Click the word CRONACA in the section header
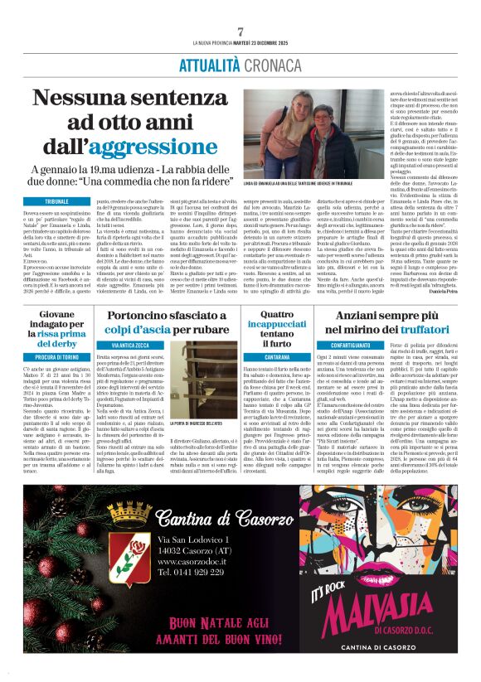(272, 65)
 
